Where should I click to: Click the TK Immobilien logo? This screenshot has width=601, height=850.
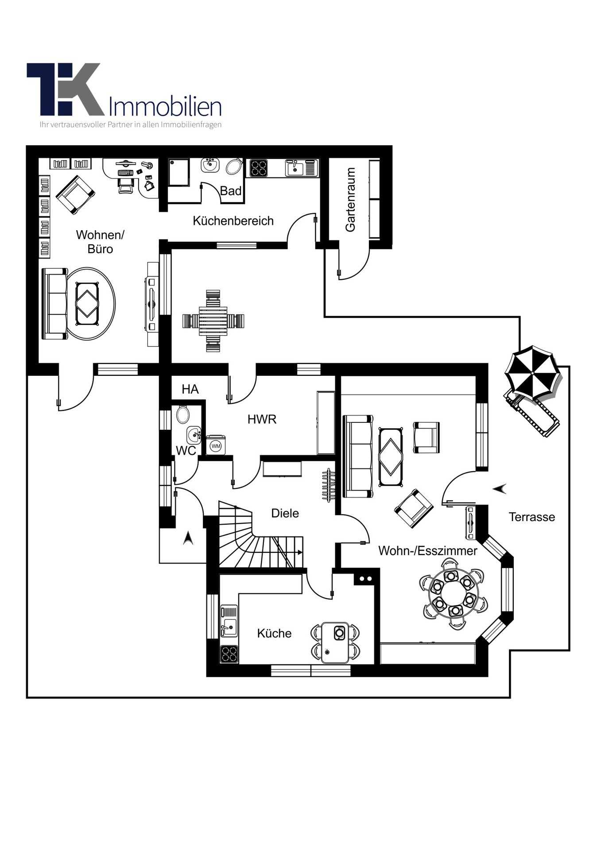pos(124,95)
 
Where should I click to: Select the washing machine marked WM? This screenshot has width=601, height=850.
pos(216,446)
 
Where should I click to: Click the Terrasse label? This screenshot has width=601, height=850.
pos(531,517)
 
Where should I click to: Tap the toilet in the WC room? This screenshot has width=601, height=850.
pos(182,415)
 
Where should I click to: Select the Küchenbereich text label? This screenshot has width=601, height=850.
pos(233,221)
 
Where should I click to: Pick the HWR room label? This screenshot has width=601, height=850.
pos(262,419)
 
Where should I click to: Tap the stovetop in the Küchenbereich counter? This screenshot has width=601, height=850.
pos(259,168)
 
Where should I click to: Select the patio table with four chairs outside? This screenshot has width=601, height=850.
pos(213,321)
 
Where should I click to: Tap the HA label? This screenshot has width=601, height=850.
pos(190,389)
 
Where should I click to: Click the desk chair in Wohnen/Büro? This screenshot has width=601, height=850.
pos(126,185)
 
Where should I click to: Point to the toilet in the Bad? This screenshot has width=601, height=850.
pos(234,166)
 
